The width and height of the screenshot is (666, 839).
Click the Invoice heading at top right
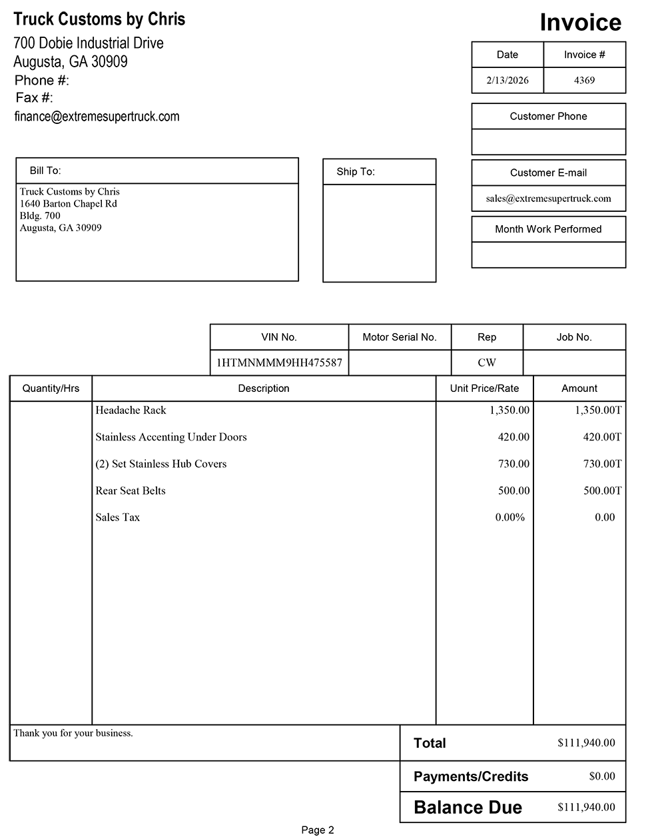tap(580, 23)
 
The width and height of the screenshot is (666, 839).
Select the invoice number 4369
tap(584, 80)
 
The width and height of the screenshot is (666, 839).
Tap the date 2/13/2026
tap(507, 80)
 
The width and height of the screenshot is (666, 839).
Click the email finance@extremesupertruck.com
tap(97, 117)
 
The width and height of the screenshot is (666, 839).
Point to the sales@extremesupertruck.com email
tap(548, 198)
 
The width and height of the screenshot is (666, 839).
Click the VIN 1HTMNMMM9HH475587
tap(279, 363)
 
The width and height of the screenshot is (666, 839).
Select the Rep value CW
tap(487, 363)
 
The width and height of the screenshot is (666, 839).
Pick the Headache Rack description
tap(131, 411)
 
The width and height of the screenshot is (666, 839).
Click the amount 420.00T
tap(602, 437)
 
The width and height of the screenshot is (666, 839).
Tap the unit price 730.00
tap(513, 464)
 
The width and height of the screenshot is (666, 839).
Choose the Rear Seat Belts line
tap(131, 490)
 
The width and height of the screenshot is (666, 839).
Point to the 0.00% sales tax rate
tap(510, 517)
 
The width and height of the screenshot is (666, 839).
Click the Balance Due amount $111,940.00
tap(586, 807)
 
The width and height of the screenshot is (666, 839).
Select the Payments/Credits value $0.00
tap(602, 776)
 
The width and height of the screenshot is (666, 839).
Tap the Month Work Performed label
tap(548, 229)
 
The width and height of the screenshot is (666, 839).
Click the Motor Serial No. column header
tap(400, 337)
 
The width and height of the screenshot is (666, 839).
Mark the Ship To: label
tap(356, 172)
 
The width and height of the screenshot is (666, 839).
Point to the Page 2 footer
tap(318, 830)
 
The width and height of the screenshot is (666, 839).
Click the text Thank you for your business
tap(73, 733)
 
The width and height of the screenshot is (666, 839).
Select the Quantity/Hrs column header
tap(51, 389)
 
